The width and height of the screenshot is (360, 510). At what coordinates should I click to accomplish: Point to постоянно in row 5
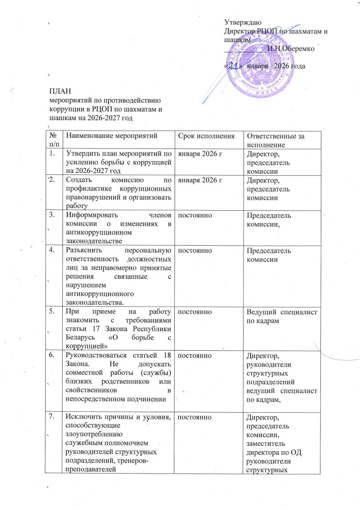191,312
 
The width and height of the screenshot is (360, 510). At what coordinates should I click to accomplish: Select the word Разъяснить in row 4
83,250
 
